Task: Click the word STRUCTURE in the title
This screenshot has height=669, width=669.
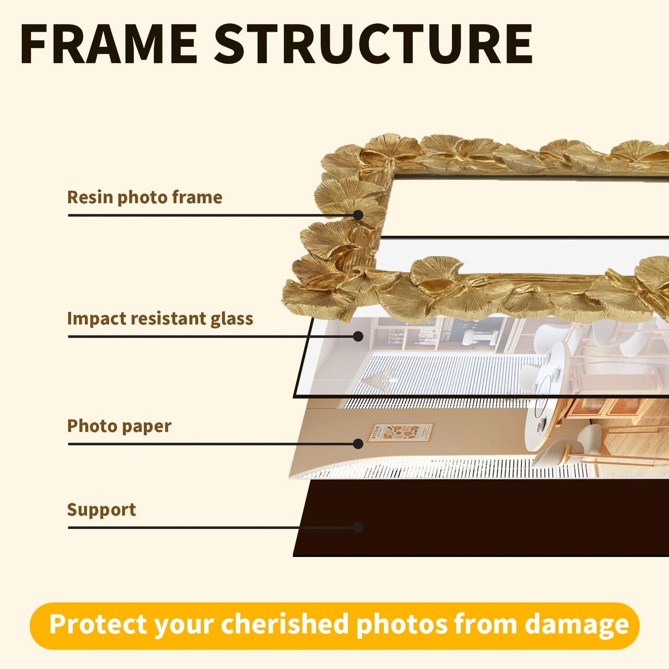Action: tap(373, 44)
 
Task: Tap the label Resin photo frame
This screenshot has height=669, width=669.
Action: tap(144, 197)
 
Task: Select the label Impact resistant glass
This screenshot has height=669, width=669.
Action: tap(160, 319)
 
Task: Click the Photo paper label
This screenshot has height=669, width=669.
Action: tap(119, 426)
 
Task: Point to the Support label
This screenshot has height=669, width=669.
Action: tap(101, 510)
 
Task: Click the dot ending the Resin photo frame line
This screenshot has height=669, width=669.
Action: tap(358, 215)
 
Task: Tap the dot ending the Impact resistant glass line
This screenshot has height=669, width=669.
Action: tap(358, 337)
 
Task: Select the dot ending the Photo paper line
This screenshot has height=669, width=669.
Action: tap(358, 444)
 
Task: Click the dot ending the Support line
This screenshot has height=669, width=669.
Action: tap(358, 527)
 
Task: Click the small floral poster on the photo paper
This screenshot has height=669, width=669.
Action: tap(400, 433)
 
